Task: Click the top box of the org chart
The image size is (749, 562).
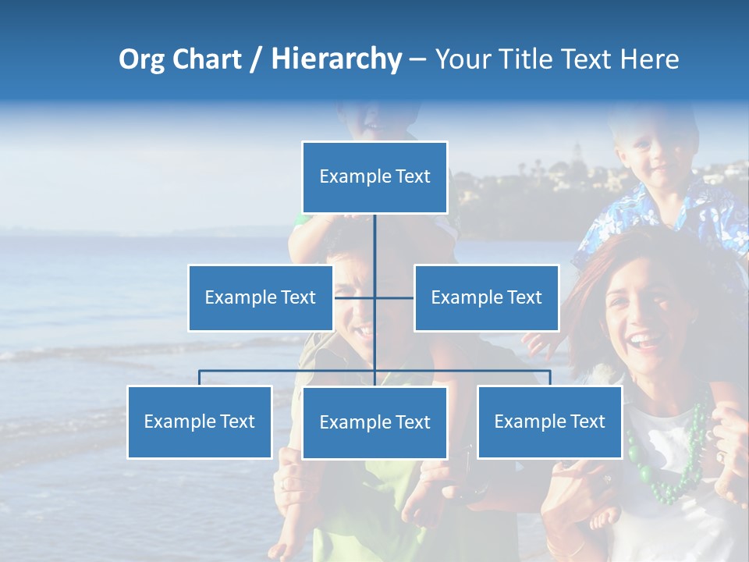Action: pyautogui.click(x=374, y=177)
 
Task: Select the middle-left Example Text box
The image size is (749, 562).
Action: pyautogui.click(x=260, y=297)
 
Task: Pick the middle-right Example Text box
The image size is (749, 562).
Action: pyautogui.click(x=486, y=297)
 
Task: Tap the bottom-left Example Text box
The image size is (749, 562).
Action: pyautogui.click(x=199, y=421)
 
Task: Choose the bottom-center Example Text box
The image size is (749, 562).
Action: pyautogui.click(x=374, y=422)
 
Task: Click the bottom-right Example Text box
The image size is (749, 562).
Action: pyautogui.click(x=549, y=421)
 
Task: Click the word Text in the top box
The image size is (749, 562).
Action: pyautogui.click(x=412, y=177)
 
